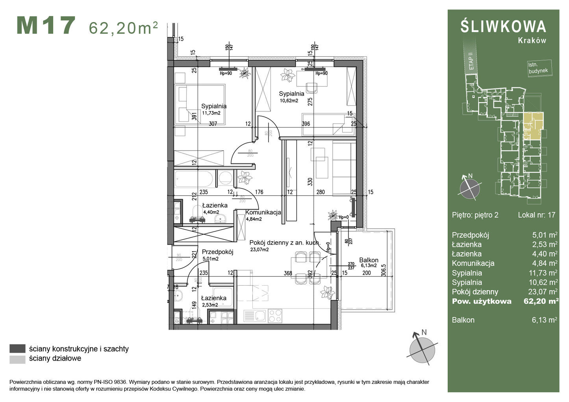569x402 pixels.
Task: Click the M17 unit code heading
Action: pos(46,26)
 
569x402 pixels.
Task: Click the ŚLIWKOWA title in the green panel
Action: pos(503,26)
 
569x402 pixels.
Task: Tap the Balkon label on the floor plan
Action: pos(369,260)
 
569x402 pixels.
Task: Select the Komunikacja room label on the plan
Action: pos(263,212)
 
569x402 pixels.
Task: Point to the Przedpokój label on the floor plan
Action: pos(217,252)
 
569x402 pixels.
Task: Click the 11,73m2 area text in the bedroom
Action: pos(211,113)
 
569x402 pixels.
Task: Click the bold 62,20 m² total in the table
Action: pos(541,301)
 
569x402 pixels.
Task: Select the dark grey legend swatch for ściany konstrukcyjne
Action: pos(17,349)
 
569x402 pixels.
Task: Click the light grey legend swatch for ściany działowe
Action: pos(17,359)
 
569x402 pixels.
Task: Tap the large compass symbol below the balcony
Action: pos(422,349)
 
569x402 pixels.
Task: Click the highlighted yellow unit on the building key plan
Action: pos(533,125)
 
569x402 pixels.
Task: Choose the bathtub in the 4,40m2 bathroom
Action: pos(195,179)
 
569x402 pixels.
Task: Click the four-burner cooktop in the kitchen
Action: pos(275,316)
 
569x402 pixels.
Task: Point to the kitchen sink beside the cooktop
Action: pos(255,316)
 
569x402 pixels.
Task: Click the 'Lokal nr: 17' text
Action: pos(536,215)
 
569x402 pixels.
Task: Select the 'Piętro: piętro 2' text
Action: pos(475,215)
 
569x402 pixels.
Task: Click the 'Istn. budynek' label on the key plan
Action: pos(537,68)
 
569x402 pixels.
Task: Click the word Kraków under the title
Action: pos(532,41)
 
